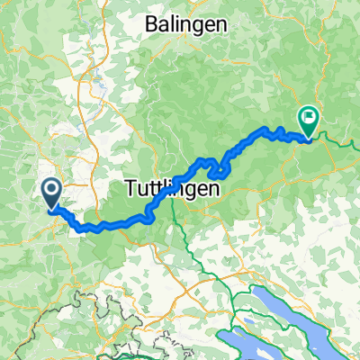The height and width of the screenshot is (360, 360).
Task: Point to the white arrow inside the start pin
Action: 50,189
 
